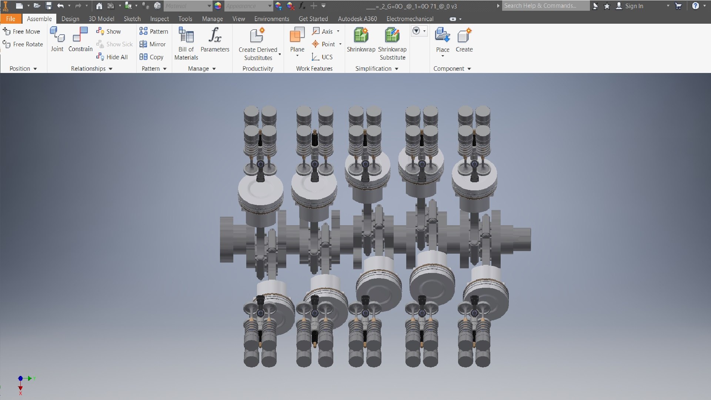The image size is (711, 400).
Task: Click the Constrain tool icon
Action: coord(80,35)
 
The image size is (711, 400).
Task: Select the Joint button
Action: coord(57,35)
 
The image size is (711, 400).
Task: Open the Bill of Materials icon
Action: coord(186,36)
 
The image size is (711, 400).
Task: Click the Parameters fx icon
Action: coord(215,36)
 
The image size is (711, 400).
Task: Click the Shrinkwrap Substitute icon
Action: coord(392,36)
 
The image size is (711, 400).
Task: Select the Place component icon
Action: coord(443,36)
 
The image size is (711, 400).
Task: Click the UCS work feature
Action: coord(322,57)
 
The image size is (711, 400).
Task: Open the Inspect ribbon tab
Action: coord(159,19)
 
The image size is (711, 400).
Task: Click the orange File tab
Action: coord(11,19)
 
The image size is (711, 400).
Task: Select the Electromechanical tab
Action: coord(410,19)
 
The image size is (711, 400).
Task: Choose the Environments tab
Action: coord(271,19)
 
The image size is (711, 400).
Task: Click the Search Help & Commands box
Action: coord(545,6)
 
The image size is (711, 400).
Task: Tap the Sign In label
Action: coord(634,6)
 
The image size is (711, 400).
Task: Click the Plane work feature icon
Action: coord(297,35)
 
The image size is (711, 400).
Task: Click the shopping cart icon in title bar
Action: coord(678,6)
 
